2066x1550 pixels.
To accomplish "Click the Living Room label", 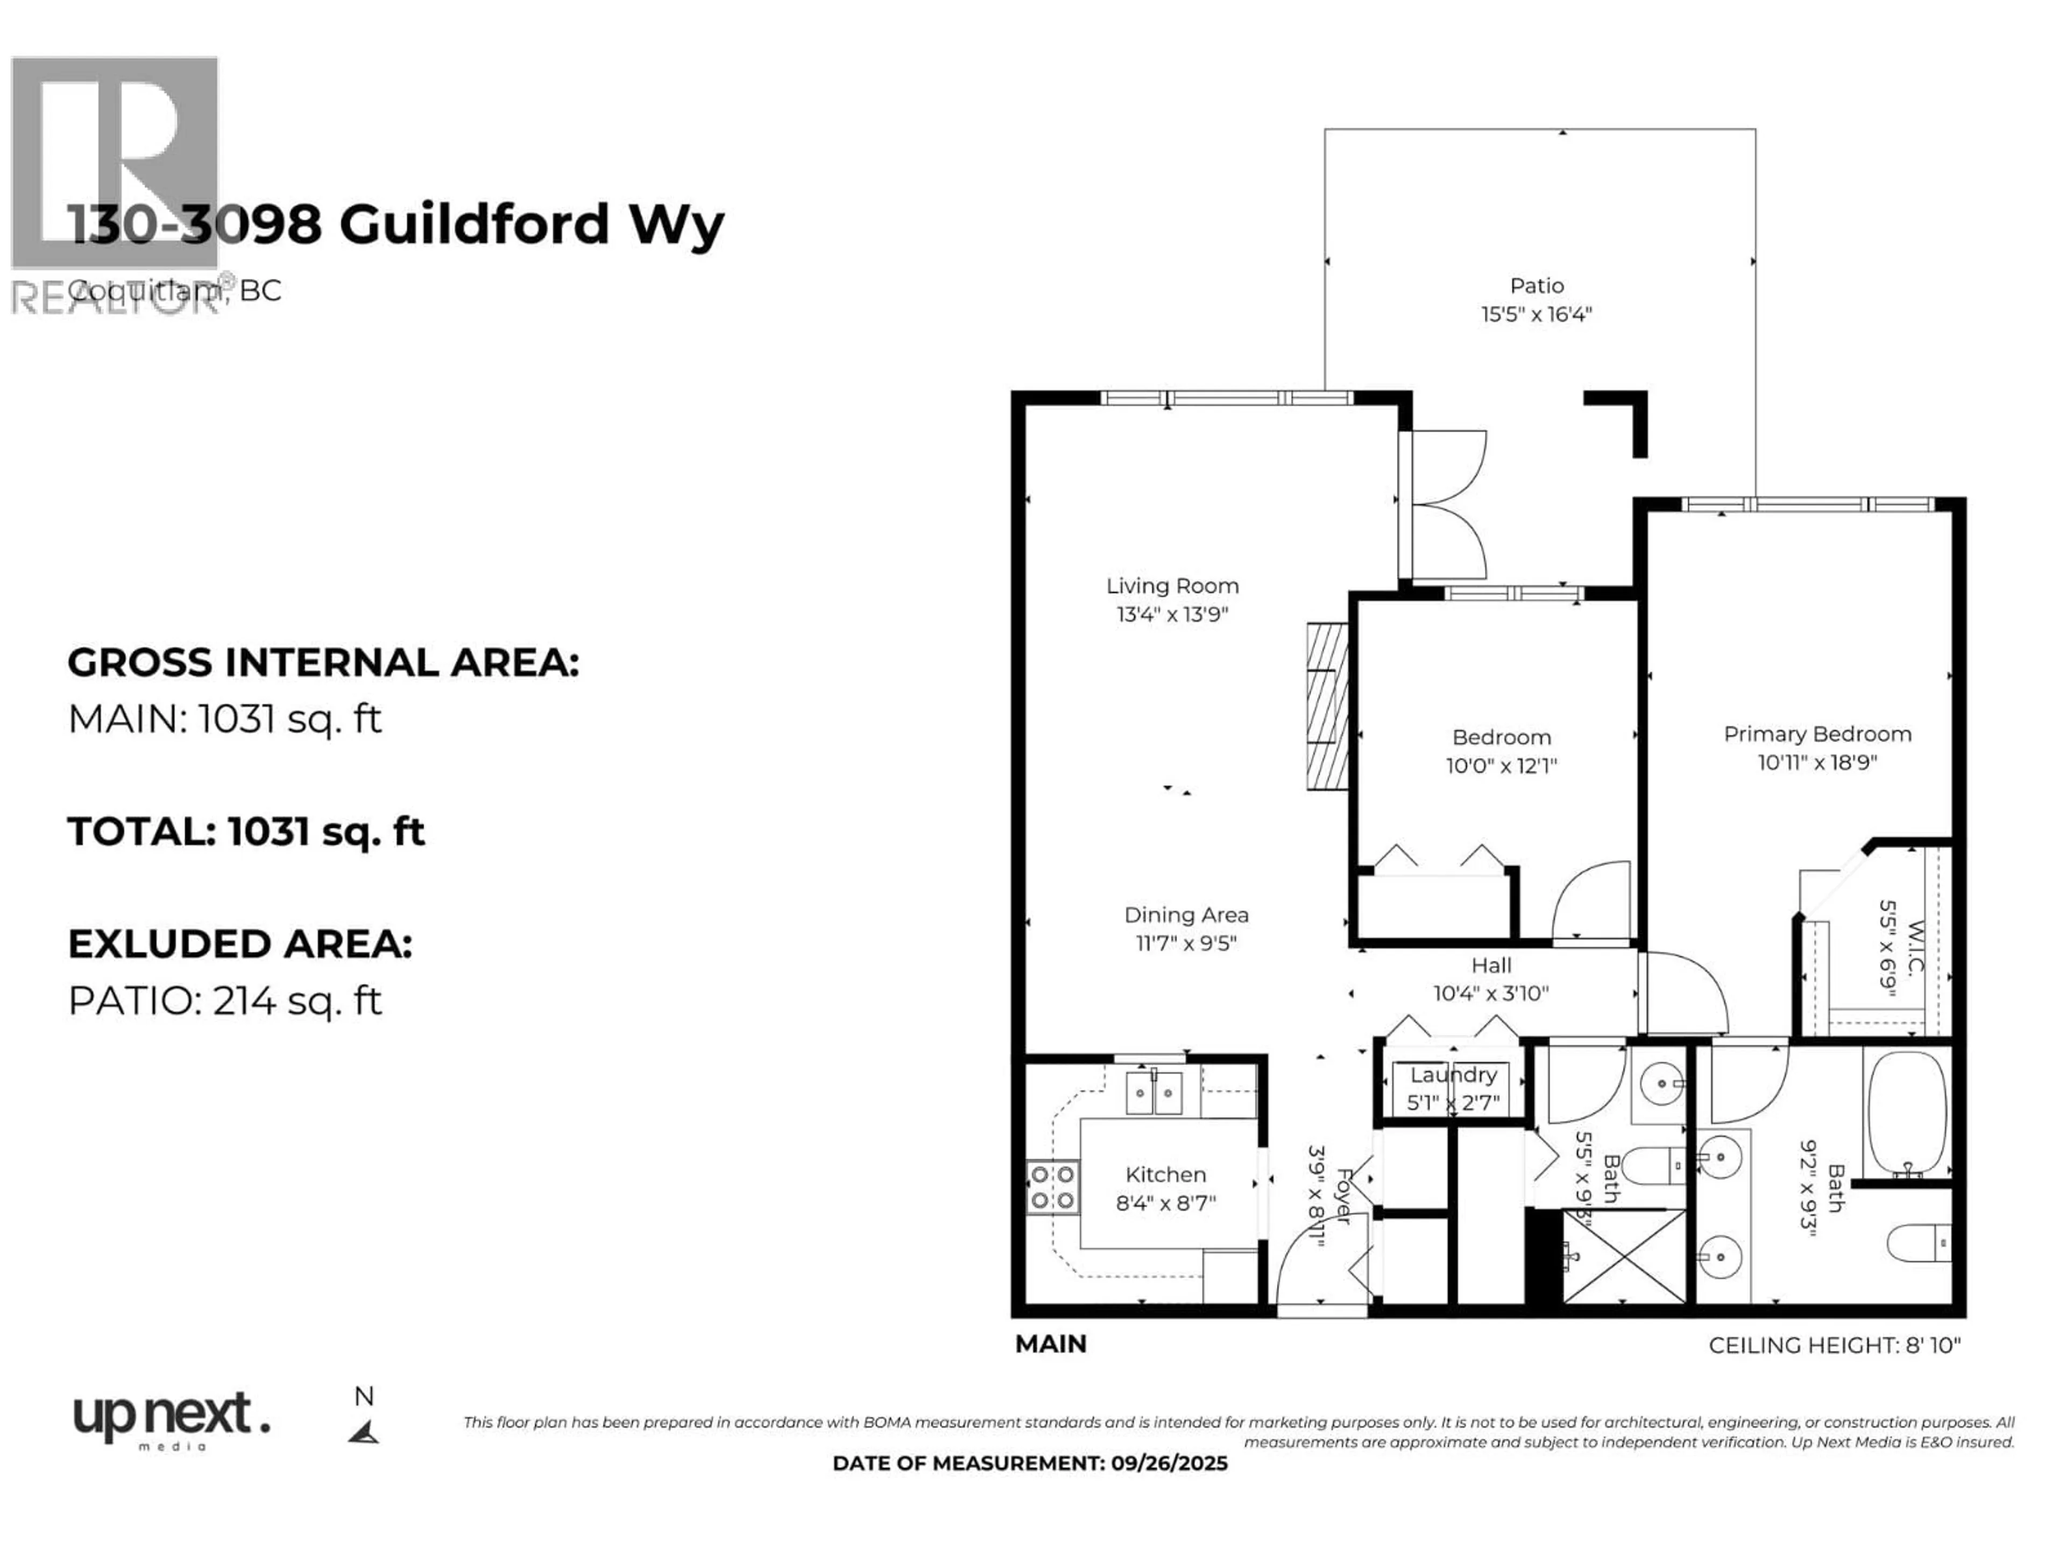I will point(1172,586).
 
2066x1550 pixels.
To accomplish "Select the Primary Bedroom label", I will point(1816,734).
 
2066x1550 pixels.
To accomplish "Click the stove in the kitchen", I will point(1052,1187).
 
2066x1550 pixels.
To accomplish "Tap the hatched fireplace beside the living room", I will point(1327,706).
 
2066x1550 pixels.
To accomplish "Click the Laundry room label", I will point(1453,1074).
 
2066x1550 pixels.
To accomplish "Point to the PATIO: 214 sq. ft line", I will point(225,1001).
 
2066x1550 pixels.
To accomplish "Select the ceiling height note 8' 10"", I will point(1834,1345).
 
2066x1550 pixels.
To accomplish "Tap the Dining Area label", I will point(1186,915).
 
